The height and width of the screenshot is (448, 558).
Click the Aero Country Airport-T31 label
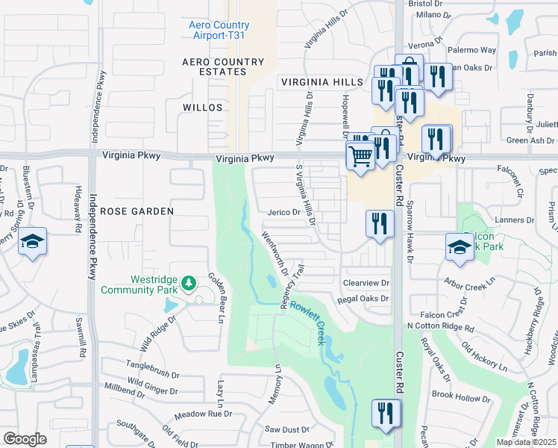tap(219, 31)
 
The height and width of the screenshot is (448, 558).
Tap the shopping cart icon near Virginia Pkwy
tap(360, 156)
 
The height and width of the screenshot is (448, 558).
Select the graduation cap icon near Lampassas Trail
tap(32, 242)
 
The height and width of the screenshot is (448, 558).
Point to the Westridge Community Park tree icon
tap(189, 281)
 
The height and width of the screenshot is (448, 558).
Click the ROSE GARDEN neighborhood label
tap(137, 211)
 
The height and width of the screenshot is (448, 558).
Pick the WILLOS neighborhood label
tap(203, 108)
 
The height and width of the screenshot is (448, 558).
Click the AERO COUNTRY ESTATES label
tap(224, 66)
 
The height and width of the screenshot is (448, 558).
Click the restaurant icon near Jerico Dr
tap(380, 223)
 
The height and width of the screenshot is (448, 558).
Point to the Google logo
tap(25, 439)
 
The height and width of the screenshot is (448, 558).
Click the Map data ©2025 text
tap(527, 442)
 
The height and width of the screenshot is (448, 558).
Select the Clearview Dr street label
tap(366, 283)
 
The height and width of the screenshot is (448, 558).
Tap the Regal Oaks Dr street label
tap(363, 299)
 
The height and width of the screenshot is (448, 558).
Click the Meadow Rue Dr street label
tap(203, 414)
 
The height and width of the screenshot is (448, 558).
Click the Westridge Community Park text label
tap(139, 284)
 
